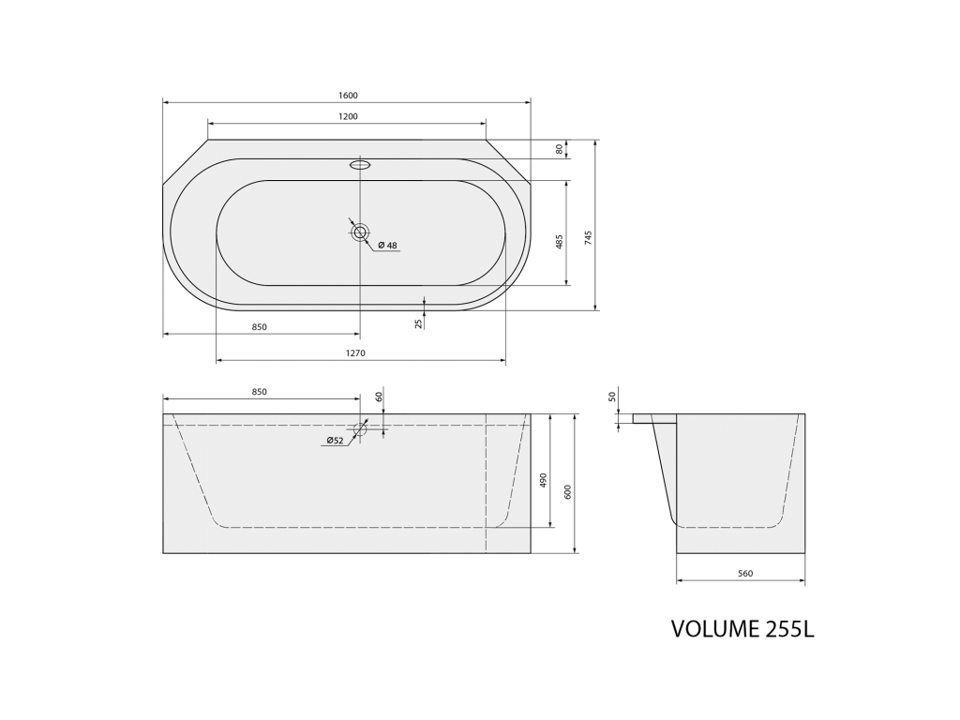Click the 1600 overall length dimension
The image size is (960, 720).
(347, 96)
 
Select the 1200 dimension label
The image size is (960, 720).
(347, 116)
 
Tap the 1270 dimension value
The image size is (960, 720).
(355, 353)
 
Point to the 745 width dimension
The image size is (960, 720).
(589, 237)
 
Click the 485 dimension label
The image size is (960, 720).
(559, 241)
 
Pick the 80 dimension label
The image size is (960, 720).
(559, 149)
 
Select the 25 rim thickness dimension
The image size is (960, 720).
(419, 323)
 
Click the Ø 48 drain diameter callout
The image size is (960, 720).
(387, 246)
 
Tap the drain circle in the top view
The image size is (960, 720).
(360, 232)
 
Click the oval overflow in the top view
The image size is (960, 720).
(360, 164)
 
